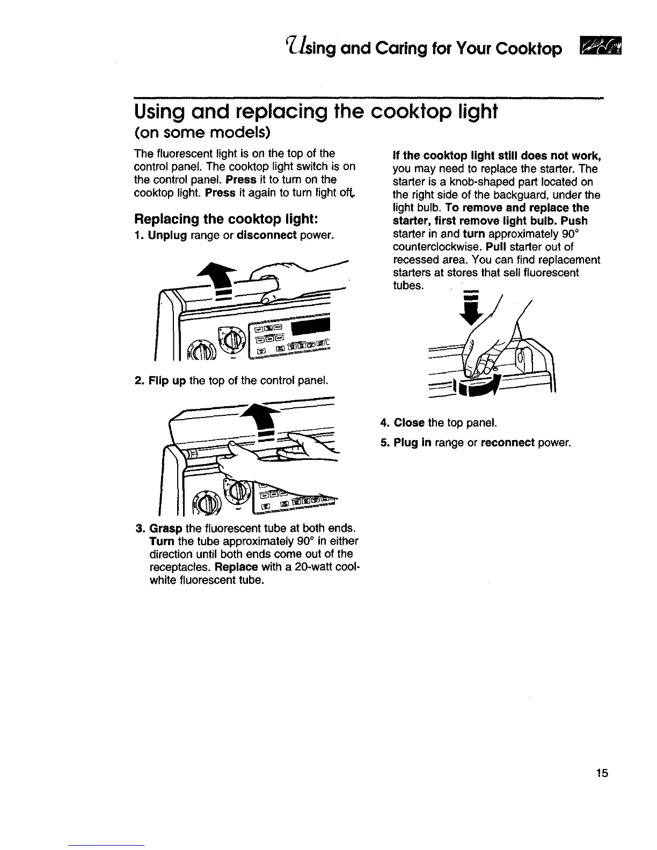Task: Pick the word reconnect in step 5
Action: pos(507,443)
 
